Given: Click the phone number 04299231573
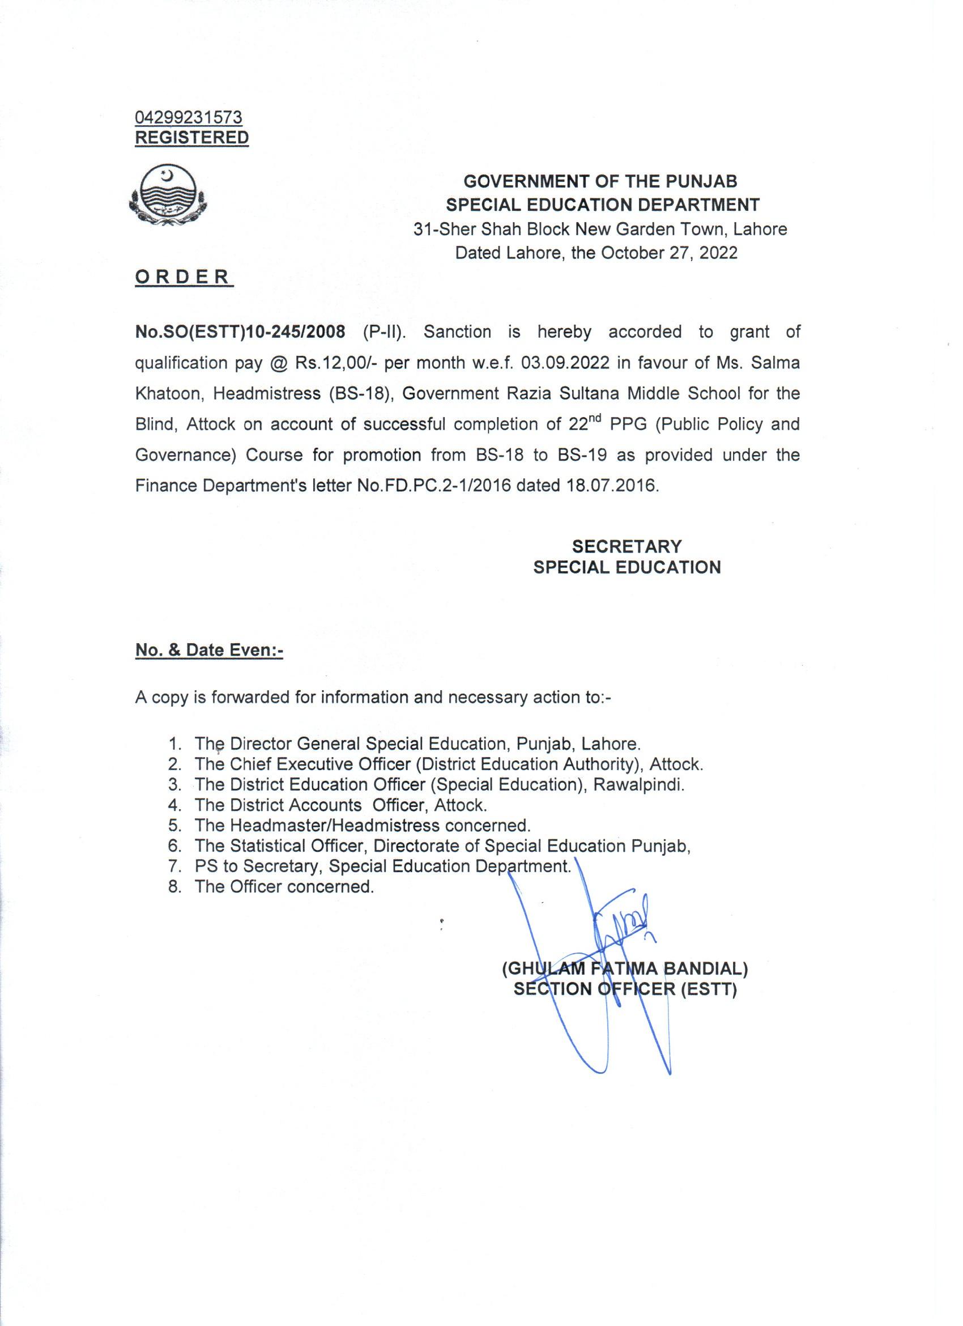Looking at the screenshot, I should (189, 117).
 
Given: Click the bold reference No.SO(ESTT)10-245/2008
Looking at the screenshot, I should (240, 332).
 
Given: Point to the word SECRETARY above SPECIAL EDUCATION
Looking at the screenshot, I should (627, 546).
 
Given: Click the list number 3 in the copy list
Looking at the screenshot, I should (173, 785).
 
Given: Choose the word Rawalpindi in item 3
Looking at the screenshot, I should (638, 785).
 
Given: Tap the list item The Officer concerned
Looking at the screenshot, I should (284, 886).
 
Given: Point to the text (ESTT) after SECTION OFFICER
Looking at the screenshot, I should (709, 990).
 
